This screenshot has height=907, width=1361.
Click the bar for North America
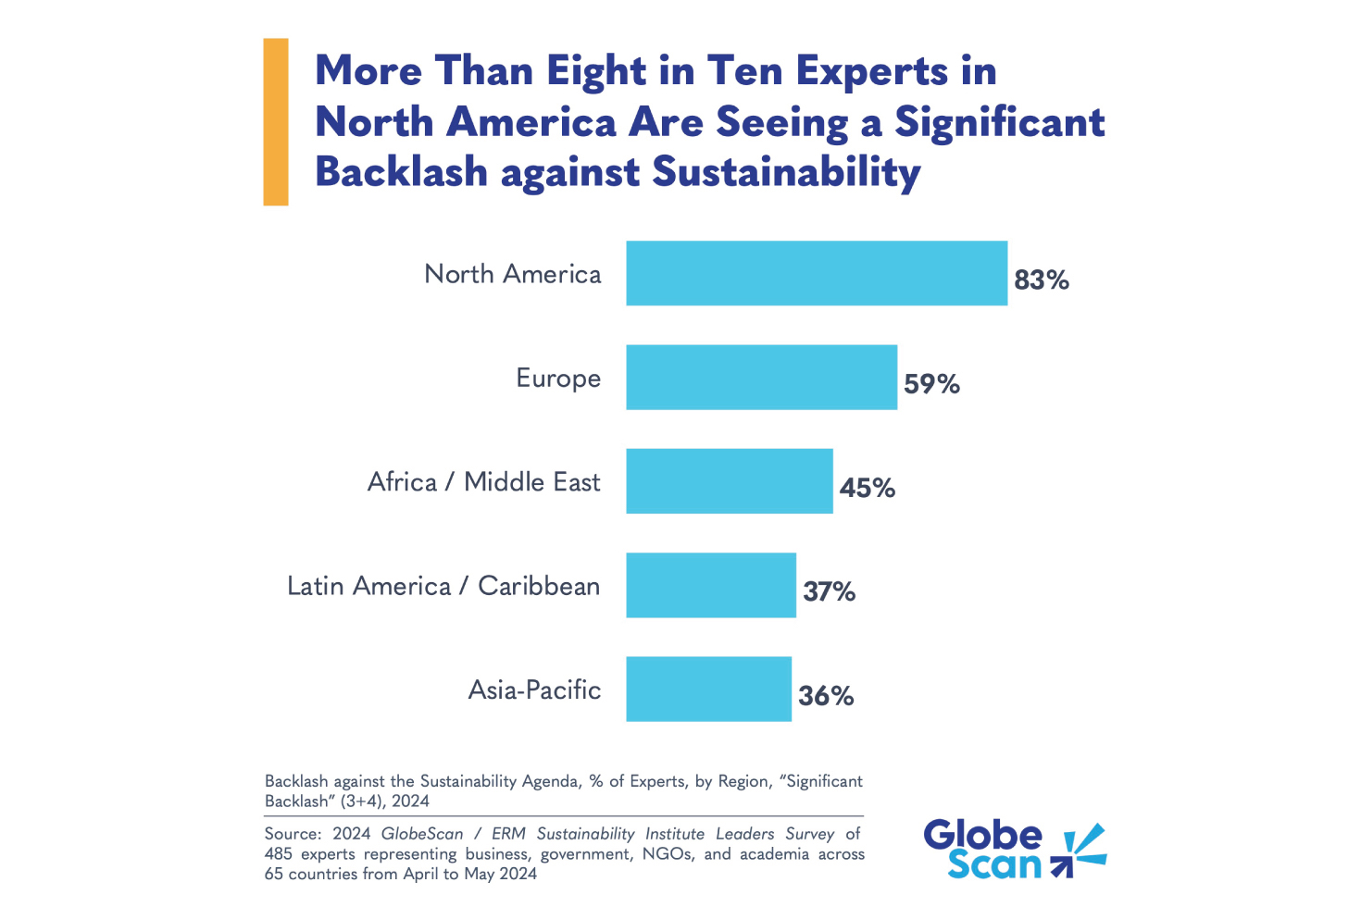[x=816, y=273]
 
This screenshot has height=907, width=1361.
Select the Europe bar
[x=761, y=377]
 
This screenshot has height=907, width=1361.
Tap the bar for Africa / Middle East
[x=729, y=481]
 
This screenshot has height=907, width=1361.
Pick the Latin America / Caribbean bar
[x=710, y=585]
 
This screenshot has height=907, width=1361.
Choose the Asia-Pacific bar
[x=708, y=689]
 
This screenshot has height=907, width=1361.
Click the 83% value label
[x=1041, y=280]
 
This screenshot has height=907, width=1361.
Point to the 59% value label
[x=930, y=384]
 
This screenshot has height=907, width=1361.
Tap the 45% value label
[x=867, y=488]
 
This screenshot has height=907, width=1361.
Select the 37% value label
[x=829, y=591]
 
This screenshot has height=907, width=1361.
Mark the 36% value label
[x=825, y=696]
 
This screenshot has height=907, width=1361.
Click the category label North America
[x=512, y=274]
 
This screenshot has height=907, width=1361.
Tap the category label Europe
[x=558, y=379]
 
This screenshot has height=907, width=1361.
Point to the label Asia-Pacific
[x=534, y=690]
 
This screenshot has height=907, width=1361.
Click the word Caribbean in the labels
[x=539, y=586]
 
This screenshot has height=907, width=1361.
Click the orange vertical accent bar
[x=276, y=121]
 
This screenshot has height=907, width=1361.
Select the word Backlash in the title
[x=401, y=172]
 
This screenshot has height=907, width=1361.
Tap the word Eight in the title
[x=595, y=72]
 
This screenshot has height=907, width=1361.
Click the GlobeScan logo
[x=1014, y=849]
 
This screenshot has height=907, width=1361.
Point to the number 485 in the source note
[x=278, y=854]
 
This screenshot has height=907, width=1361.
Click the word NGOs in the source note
[x=666, y=854]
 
